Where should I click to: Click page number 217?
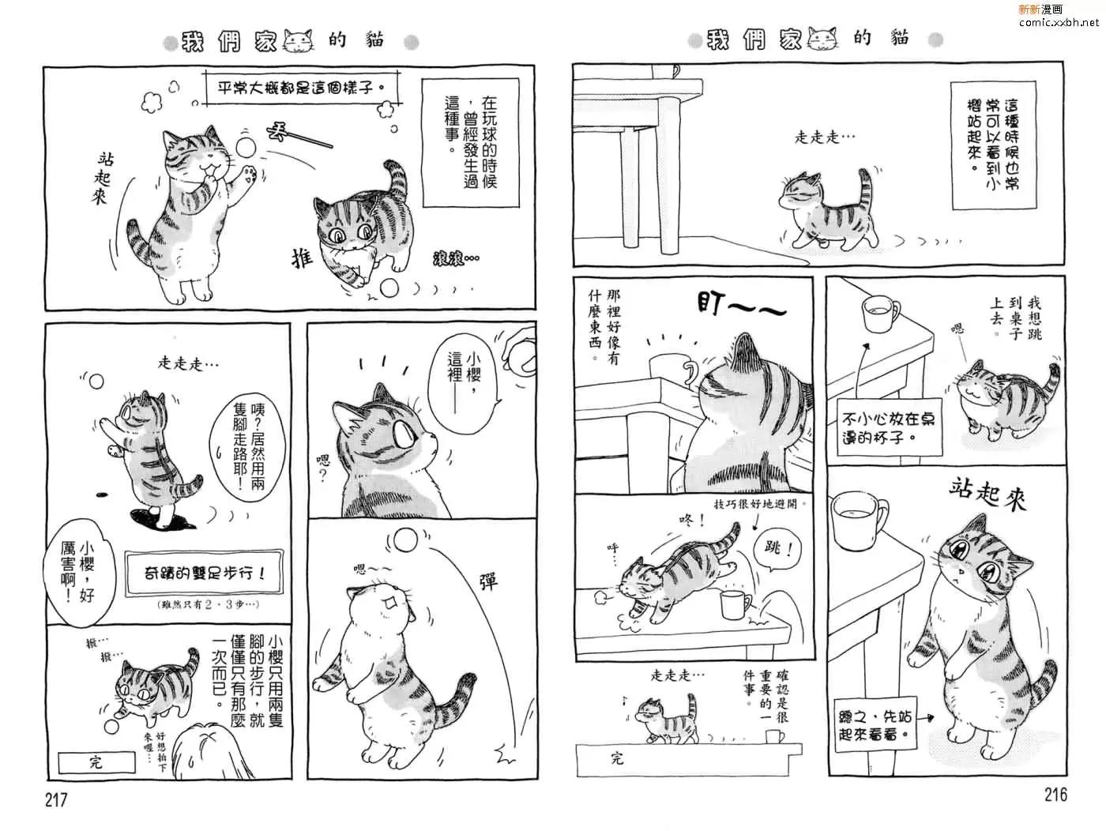(x=56, y=799)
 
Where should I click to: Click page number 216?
(x=1055, y=794)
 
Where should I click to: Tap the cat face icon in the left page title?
(x=299, y=40)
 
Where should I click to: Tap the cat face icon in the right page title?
(x=823, y=39)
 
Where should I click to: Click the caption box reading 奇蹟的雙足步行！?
(x=204, y=573)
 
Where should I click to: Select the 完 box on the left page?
(x=96, y=762)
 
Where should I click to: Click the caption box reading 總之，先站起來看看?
(x=875, y=724)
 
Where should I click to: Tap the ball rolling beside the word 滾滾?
(x=389, y=288)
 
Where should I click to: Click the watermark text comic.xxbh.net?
(x=1059, y=22)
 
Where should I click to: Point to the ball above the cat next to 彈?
(x=405, y=540)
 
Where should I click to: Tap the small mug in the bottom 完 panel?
(x=775, y=737)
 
